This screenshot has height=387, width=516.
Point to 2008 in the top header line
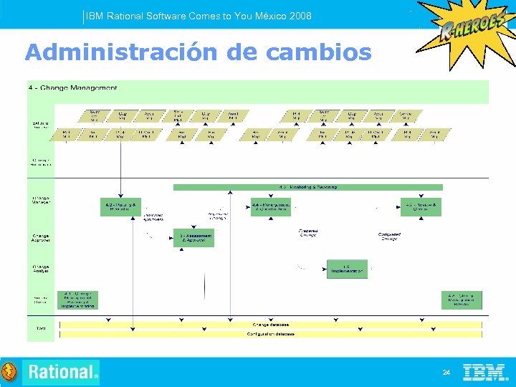300,16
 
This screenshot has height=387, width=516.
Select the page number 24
446,373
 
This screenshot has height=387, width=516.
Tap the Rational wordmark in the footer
61,372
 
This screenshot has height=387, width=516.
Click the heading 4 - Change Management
72,87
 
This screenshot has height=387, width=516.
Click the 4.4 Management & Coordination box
270,207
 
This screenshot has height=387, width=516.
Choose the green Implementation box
348,269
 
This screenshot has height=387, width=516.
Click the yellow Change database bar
271,325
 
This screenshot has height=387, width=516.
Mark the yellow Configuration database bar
271,334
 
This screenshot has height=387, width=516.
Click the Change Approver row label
41,236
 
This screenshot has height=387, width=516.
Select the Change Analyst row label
41,269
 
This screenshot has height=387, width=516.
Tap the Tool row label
41,328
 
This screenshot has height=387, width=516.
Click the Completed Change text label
389,235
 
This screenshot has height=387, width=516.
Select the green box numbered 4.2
120,207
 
